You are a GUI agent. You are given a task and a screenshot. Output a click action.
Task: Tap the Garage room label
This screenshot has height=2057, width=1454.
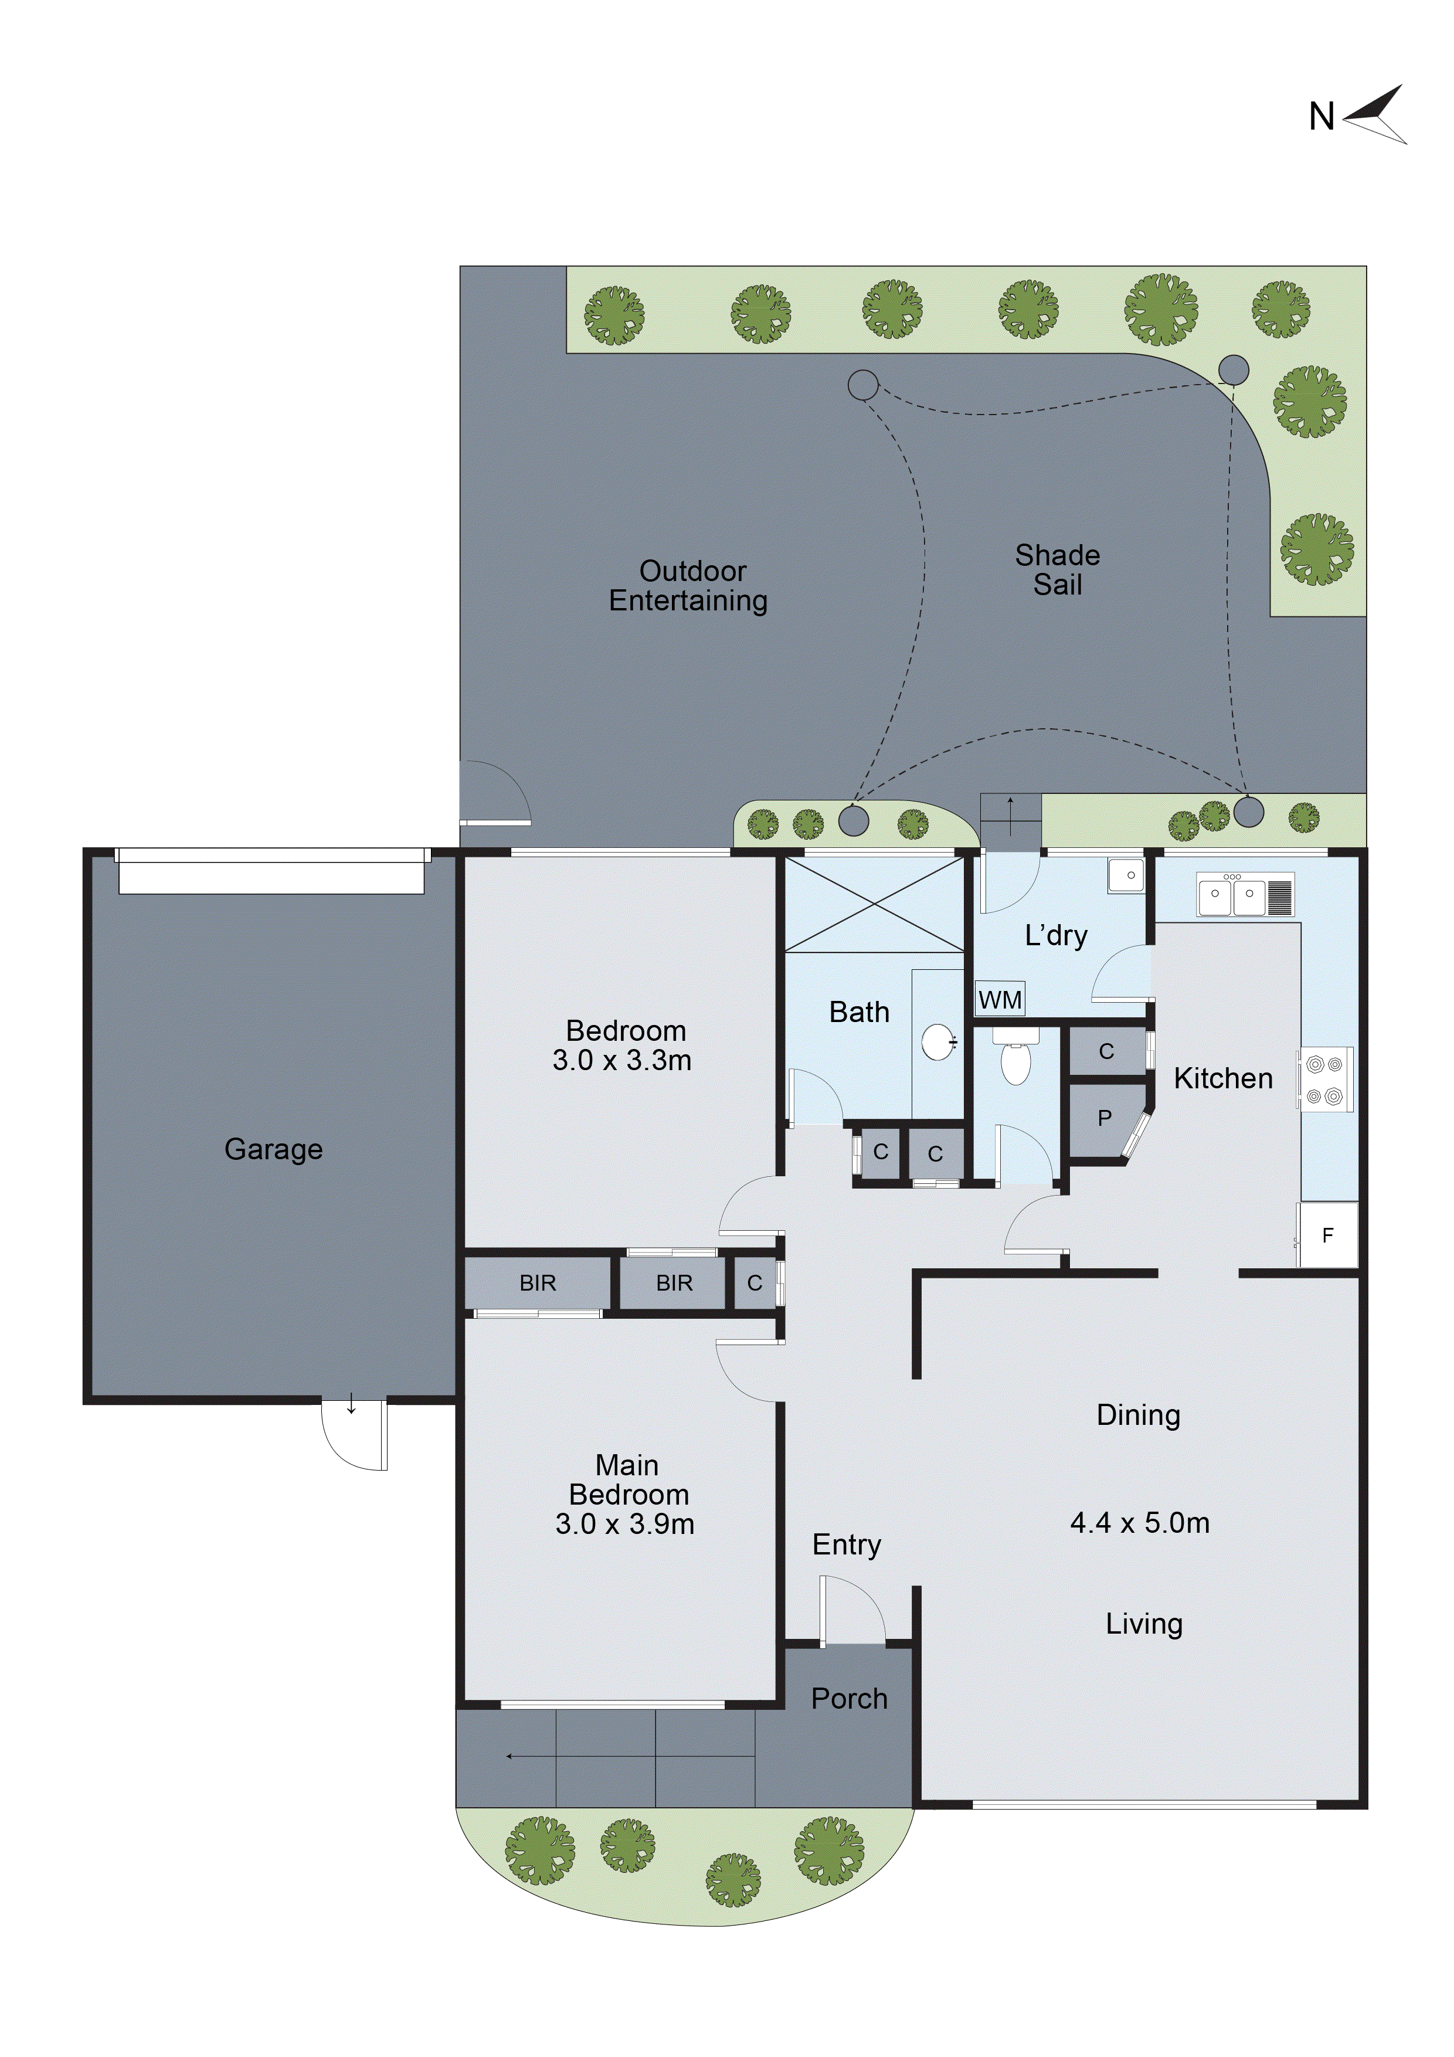(273, 1149)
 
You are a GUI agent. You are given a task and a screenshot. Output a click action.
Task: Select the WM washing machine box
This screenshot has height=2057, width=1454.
(1000, 999)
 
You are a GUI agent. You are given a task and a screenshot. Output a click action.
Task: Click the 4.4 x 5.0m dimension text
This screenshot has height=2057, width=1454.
(1140, 1522)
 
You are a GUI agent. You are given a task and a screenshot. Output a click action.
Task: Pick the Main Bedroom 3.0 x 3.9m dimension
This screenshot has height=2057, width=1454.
(624, 1524)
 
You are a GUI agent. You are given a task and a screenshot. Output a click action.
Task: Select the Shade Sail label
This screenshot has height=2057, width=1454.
(1057, 570)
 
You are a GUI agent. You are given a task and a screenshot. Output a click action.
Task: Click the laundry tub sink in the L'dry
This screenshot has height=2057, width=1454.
(1126, 875)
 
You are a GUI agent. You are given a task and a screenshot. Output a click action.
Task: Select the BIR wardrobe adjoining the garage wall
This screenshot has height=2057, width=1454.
(538, 1283)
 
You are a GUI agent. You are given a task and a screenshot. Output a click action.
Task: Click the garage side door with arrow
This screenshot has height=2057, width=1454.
(355, 1434)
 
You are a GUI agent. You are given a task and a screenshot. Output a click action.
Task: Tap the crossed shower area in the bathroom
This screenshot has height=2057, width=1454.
(874, 904)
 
